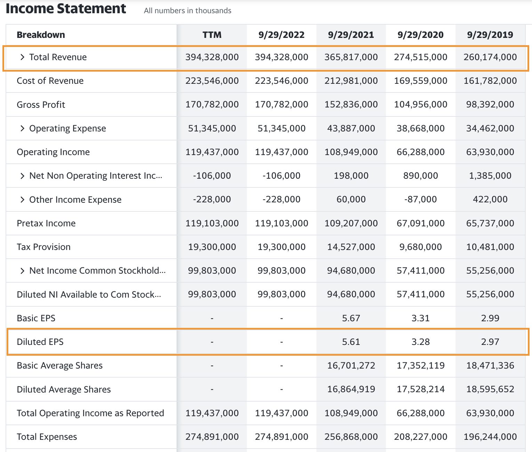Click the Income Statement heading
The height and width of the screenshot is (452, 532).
(x=66, y=9)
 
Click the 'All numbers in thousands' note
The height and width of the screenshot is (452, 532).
(x=187, y=11)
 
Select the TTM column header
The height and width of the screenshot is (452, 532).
(x=212, y=35)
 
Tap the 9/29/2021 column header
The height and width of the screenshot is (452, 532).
(x=351, y=35)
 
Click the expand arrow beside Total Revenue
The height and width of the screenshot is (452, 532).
(x=22, y=57)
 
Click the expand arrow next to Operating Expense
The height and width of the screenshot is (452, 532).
(x=22, y=128)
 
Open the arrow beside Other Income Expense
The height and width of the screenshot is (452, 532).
(x=22, y=200)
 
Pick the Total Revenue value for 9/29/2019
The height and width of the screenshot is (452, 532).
(x=490, y=57)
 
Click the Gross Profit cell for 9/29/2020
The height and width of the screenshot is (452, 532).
(x=420, y=104)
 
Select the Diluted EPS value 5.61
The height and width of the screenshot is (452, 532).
(x=351, y=342)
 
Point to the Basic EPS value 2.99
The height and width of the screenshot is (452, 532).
(x=490, y=318)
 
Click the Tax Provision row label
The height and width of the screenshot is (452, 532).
(x=43, y=247)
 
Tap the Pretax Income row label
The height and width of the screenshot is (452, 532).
(x=46, y=223)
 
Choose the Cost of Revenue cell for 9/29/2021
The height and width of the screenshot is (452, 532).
(x=351, y=81)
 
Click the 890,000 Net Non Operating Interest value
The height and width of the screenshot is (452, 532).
(x=420, y=176)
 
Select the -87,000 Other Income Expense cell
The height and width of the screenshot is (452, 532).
(x=420, y=199)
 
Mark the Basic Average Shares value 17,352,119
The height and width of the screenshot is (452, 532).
(x=420, y=365)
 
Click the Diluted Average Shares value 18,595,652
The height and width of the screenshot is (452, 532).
(x=490, y=389)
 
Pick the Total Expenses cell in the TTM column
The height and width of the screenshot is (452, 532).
(x=212, y=437)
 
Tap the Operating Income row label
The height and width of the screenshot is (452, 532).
(x=53, y=152)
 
